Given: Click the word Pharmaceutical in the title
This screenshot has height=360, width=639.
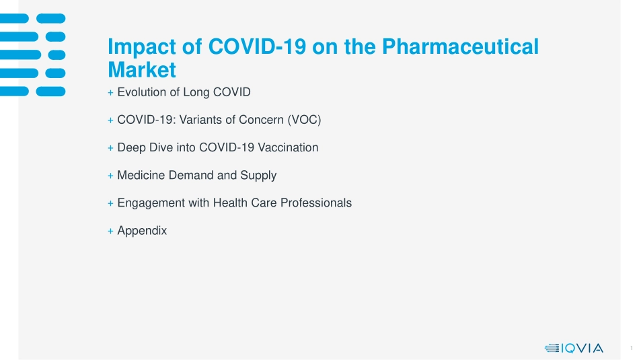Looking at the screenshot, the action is point(460,46).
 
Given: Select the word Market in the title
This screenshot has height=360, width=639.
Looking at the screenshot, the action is point(142,70).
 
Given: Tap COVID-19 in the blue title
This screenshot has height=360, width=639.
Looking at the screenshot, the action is point(257,46).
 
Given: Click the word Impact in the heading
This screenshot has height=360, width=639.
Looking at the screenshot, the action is point(142,47).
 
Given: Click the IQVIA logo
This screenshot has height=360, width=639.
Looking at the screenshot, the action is point(574,348).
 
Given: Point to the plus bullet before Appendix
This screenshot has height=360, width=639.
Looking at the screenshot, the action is point(110,231).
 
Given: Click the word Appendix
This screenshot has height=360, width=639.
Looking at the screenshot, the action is point(142,231).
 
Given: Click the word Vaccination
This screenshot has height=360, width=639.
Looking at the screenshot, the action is point(288,147).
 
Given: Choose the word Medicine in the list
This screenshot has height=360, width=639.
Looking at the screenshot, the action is point(141,176).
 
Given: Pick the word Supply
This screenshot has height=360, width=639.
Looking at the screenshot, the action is point(258,176).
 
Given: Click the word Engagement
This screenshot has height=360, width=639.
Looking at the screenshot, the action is point(151,203).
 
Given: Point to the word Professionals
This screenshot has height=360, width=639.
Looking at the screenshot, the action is point(316,203).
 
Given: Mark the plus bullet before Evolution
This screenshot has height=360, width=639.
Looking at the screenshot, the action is point(110,93).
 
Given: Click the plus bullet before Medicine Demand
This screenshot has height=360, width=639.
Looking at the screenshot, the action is point(110,176).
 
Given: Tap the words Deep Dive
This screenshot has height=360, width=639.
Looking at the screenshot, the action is point(145,147).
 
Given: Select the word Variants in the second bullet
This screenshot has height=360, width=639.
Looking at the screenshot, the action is point(200,120).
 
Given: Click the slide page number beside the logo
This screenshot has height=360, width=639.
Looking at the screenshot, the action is point(631,348).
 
